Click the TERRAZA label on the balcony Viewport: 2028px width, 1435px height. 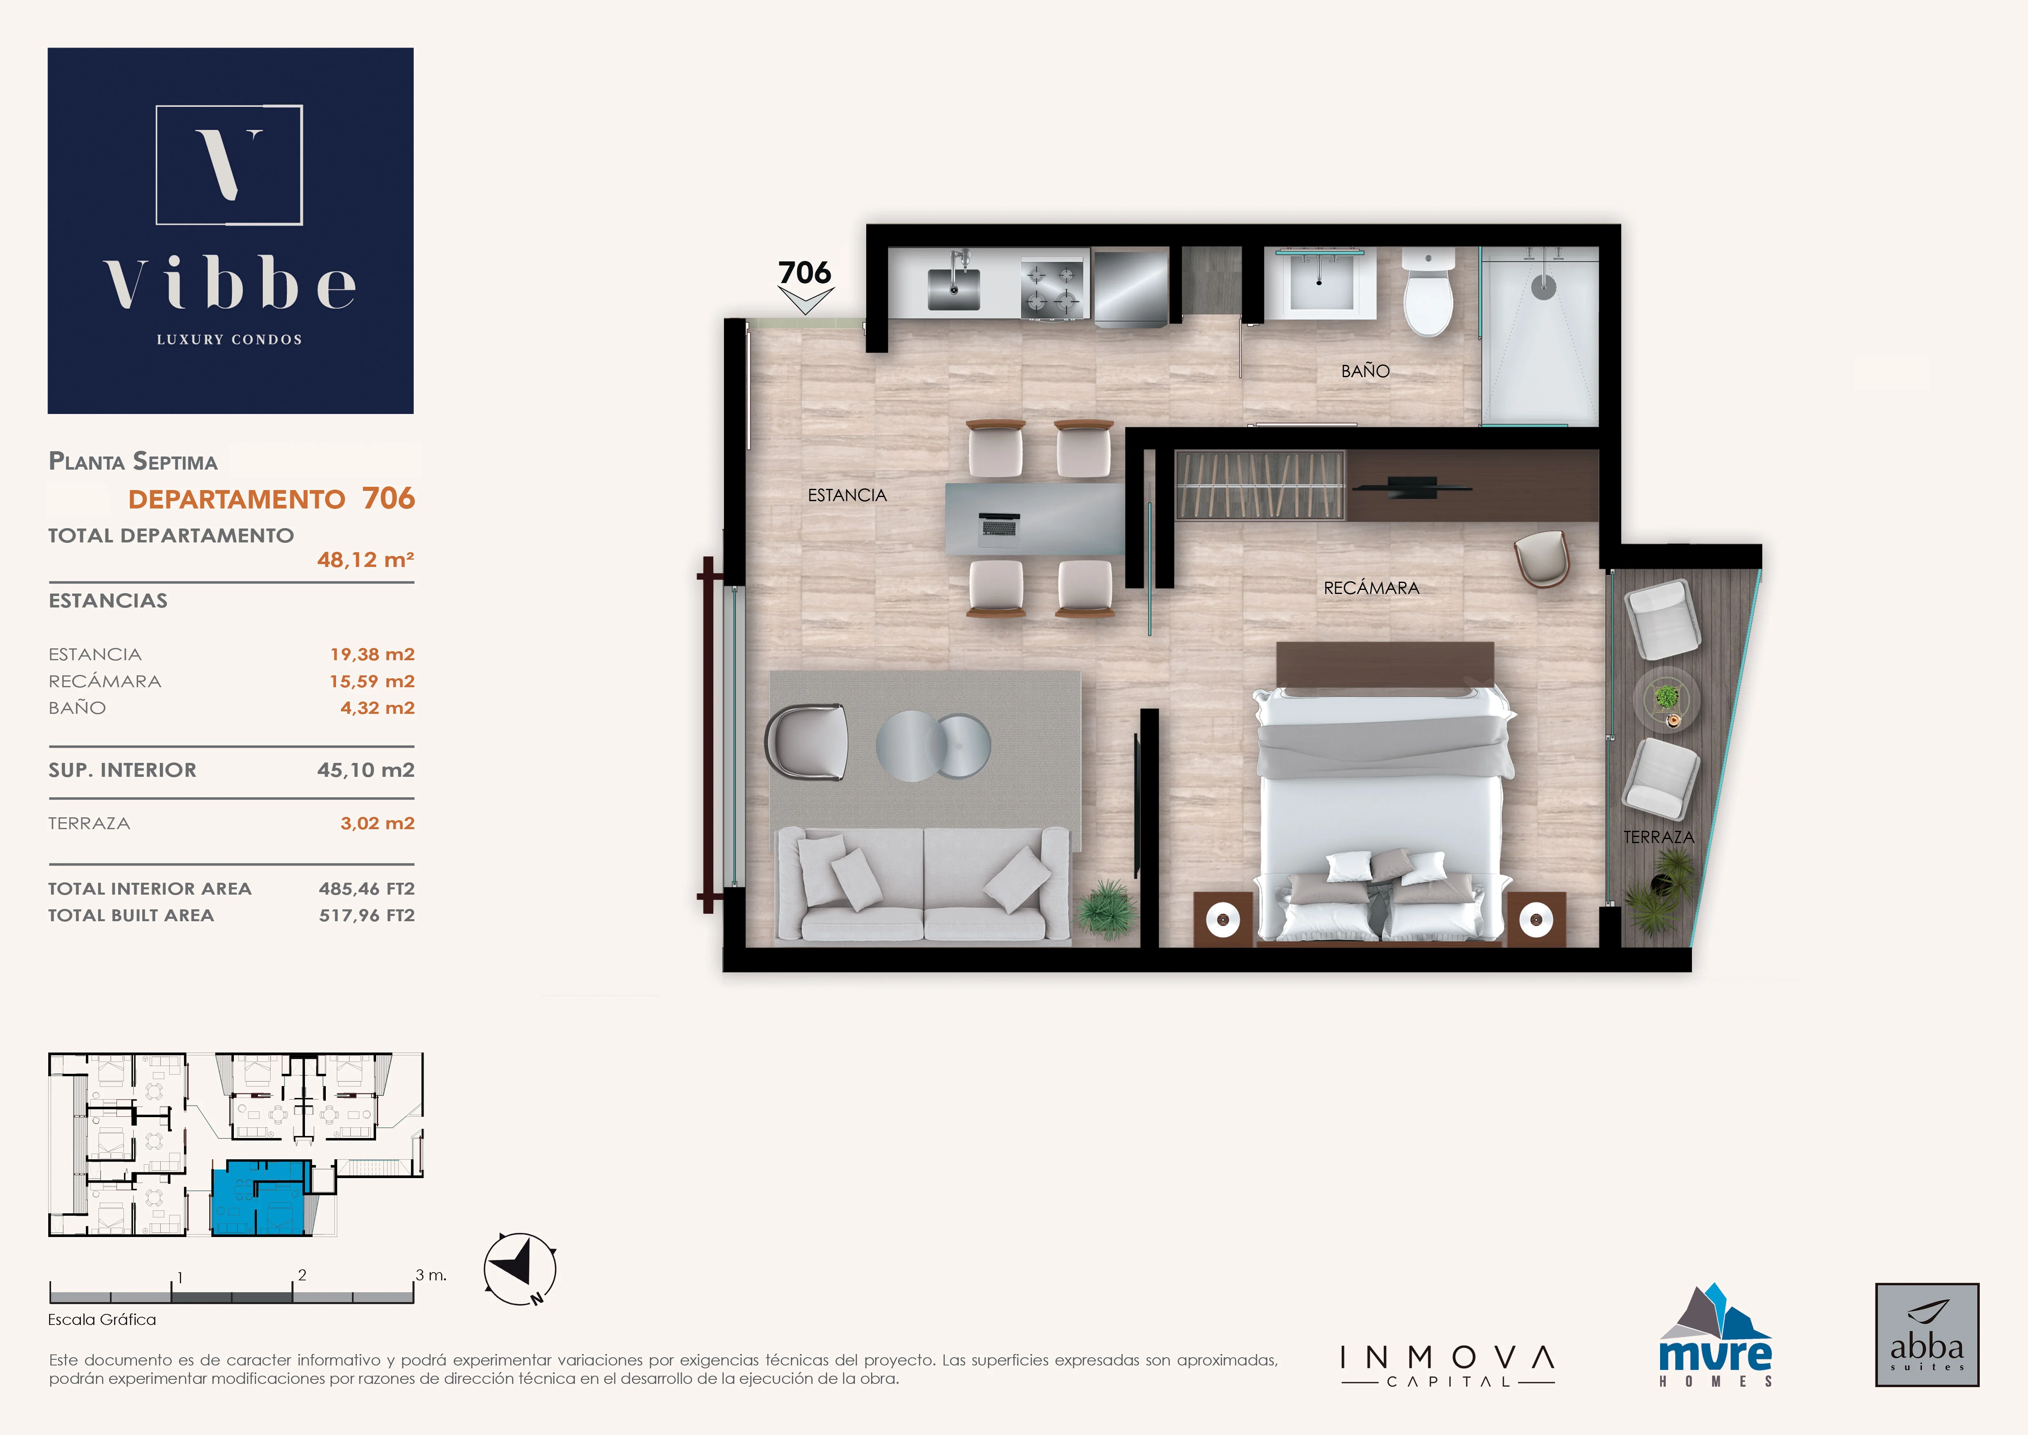[x=1659, y=837]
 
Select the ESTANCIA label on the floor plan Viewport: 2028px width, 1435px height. [x=847, y=496]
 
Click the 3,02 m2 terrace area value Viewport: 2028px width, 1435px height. [x=377, y=823]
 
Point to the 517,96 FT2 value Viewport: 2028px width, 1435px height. [x=367, y=915]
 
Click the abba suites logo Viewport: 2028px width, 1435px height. [x=1927, y=1335]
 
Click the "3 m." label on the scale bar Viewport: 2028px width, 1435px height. [x=431, y=1275]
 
